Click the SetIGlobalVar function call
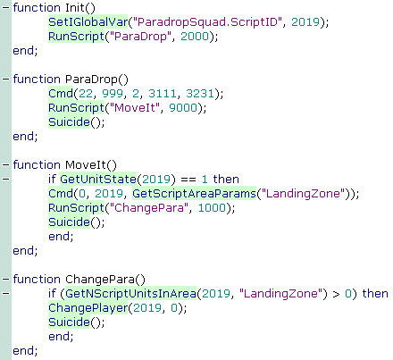pos(88,22)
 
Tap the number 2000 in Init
pos(195,37)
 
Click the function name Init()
pos(80,8)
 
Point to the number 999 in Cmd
pos(113,94)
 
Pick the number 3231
pos(200,94)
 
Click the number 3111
pos(163,94)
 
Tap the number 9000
pos(183,108)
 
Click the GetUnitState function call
pos(98,180)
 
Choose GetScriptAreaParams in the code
pos(194,194)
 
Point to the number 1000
pos(212,208)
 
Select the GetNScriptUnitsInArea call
pos(130,294)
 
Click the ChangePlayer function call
pos(88,308)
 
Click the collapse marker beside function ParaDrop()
pos(5,80)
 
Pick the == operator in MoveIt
pos(188,180)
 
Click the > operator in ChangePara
pos(336,294)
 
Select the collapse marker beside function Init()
pos(5,8)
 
